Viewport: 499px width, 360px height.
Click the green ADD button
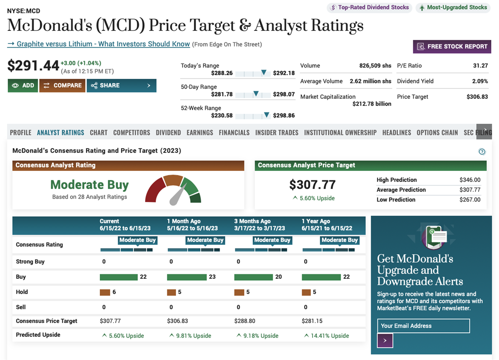23,85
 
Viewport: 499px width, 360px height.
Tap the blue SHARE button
121,85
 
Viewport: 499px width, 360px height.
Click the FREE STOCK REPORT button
452,46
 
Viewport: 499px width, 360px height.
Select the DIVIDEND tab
168,132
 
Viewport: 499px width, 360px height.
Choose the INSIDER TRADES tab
277,132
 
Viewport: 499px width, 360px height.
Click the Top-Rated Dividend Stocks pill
370,7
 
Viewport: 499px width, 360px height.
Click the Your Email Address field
423,326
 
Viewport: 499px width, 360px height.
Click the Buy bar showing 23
187,277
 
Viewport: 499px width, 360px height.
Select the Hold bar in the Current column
105,292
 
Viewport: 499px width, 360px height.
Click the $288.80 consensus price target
245,321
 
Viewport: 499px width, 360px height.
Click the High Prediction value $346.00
470,180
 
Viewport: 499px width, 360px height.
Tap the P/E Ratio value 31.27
480,66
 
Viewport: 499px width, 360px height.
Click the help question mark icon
482,151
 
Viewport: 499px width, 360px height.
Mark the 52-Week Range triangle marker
267,115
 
